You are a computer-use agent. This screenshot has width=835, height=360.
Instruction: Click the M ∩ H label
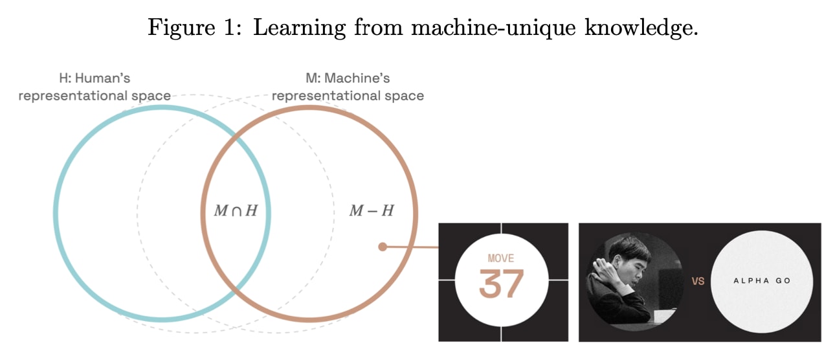(236, 211)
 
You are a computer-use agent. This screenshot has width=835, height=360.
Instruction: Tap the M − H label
(372, 211)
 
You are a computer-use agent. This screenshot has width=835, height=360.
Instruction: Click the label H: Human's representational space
(95, 87)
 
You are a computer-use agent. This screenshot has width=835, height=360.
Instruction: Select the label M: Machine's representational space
(348, 87)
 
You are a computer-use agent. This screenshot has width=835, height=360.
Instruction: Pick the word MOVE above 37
(500, 259)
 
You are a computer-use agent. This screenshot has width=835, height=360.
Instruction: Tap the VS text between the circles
(698, 282)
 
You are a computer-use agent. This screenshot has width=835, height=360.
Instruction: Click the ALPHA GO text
(762, 281)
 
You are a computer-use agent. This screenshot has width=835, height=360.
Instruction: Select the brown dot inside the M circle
(383, 247)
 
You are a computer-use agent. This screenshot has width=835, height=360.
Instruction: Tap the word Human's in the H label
(104, 79)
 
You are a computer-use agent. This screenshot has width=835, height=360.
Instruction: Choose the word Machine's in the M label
(359, 79)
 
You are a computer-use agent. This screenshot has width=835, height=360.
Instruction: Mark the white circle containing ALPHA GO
(762, 304)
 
